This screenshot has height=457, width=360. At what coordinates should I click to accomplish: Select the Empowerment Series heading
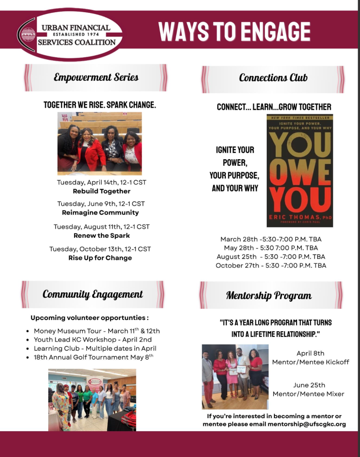click(x=96, y=77)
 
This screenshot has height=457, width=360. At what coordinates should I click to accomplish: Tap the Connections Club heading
click(x=273, y=78)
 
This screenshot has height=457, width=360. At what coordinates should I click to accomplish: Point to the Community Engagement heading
click(x=93, y=294)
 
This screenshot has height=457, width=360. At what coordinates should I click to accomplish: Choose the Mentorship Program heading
click(x=269, y=295)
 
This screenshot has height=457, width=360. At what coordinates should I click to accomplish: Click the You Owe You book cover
click(x=299, y=170)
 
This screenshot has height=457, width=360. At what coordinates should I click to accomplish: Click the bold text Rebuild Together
click(x=102, y=191)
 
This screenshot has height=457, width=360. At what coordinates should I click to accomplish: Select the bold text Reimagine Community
click(x=100, y=212)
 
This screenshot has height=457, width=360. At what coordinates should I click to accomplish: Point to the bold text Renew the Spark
click(x=102, y=235)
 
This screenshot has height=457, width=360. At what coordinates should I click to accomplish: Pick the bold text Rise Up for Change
click(x=100, y=258)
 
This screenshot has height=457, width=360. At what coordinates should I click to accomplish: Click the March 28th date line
click(x=271, y=239)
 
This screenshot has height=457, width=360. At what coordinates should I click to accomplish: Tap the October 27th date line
click(x=271, y=265)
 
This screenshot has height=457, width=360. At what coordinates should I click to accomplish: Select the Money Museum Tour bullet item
click(x=96, y=331)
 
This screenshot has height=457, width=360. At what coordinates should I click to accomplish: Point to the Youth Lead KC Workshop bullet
click(x=92, y=340)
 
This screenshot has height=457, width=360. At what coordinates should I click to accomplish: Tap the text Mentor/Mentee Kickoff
click(x=310, y=362)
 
